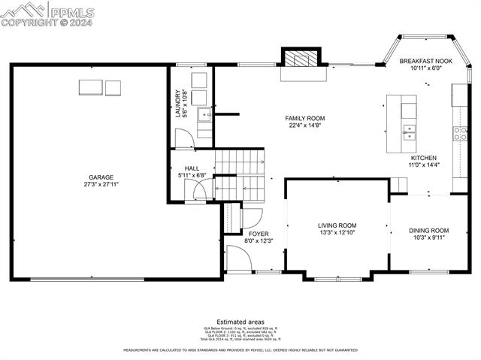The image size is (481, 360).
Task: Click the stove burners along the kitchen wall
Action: (459, 135)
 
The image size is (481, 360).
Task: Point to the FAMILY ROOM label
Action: (304, 119)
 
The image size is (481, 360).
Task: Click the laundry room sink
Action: (204, 115)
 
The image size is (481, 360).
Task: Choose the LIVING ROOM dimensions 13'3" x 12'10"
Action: (337, 233)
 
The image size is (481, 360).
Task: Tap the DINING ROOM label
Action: (428, 231)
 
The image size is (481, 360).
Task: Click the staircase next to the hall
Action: (240, 174)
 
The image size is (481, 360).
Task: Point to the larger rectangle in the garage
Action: (89, 87)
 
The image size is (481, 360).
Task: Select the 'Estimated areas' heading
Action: (240, 321)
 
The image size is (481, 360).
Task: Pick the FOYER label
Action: (259, 234)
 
